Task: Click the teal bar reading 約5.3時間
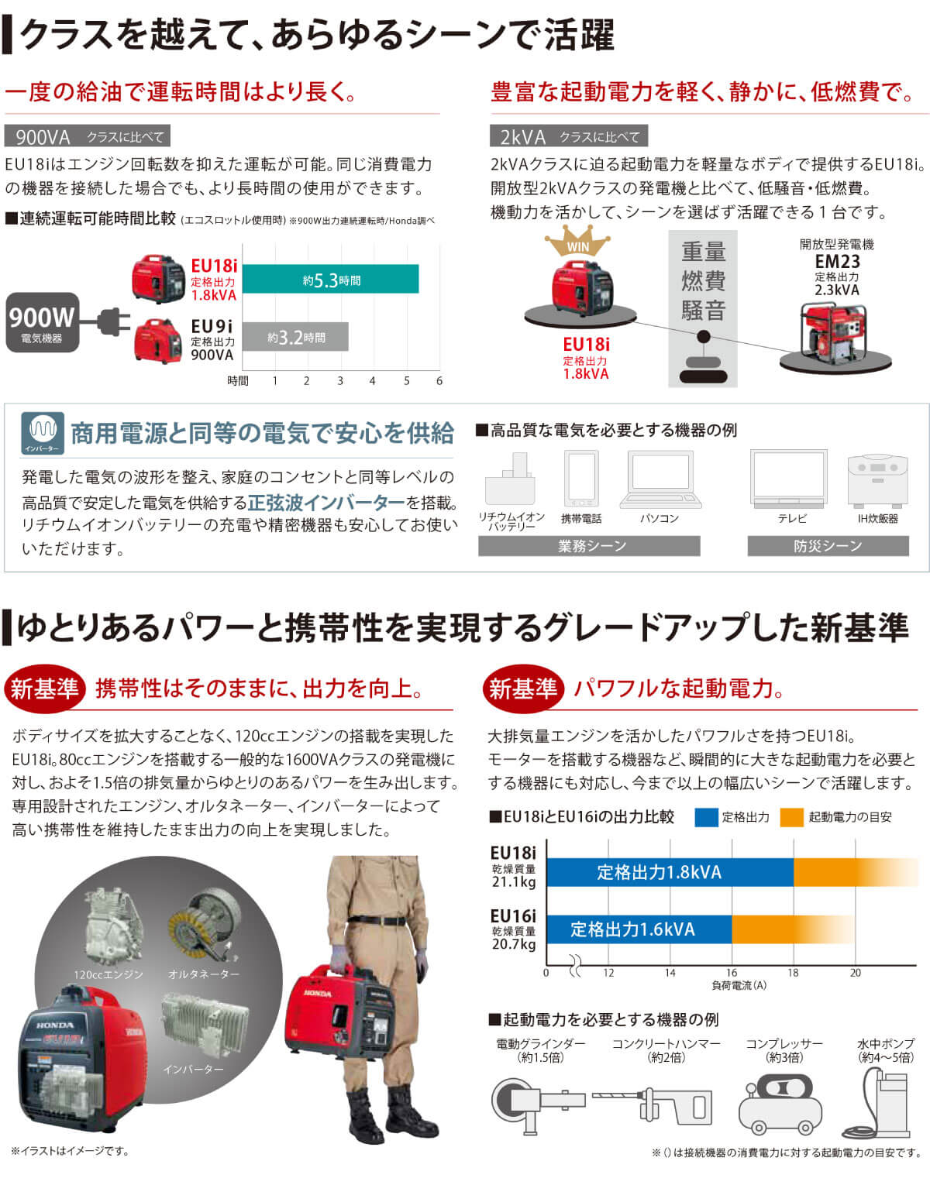331,279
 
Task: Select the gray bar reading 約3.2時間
295,336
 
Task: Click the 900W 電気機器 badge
43,322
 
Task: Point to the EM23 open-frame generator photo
833,332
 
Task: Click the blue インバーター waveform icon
43,433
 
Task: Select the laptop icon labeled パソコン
660,480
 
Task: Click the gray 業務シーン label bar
589,546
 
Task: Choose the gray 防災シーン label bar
828,546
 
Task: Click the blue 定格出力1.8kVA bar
670,872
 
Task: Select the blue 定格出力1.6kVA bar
639,929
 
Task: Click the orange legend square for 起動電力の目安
791,817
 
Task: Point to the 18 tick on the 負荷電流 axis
793,973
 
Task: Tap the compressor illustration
780,1104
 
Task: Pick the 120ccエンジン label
108,974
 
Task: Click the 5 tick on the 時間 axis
406,380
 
